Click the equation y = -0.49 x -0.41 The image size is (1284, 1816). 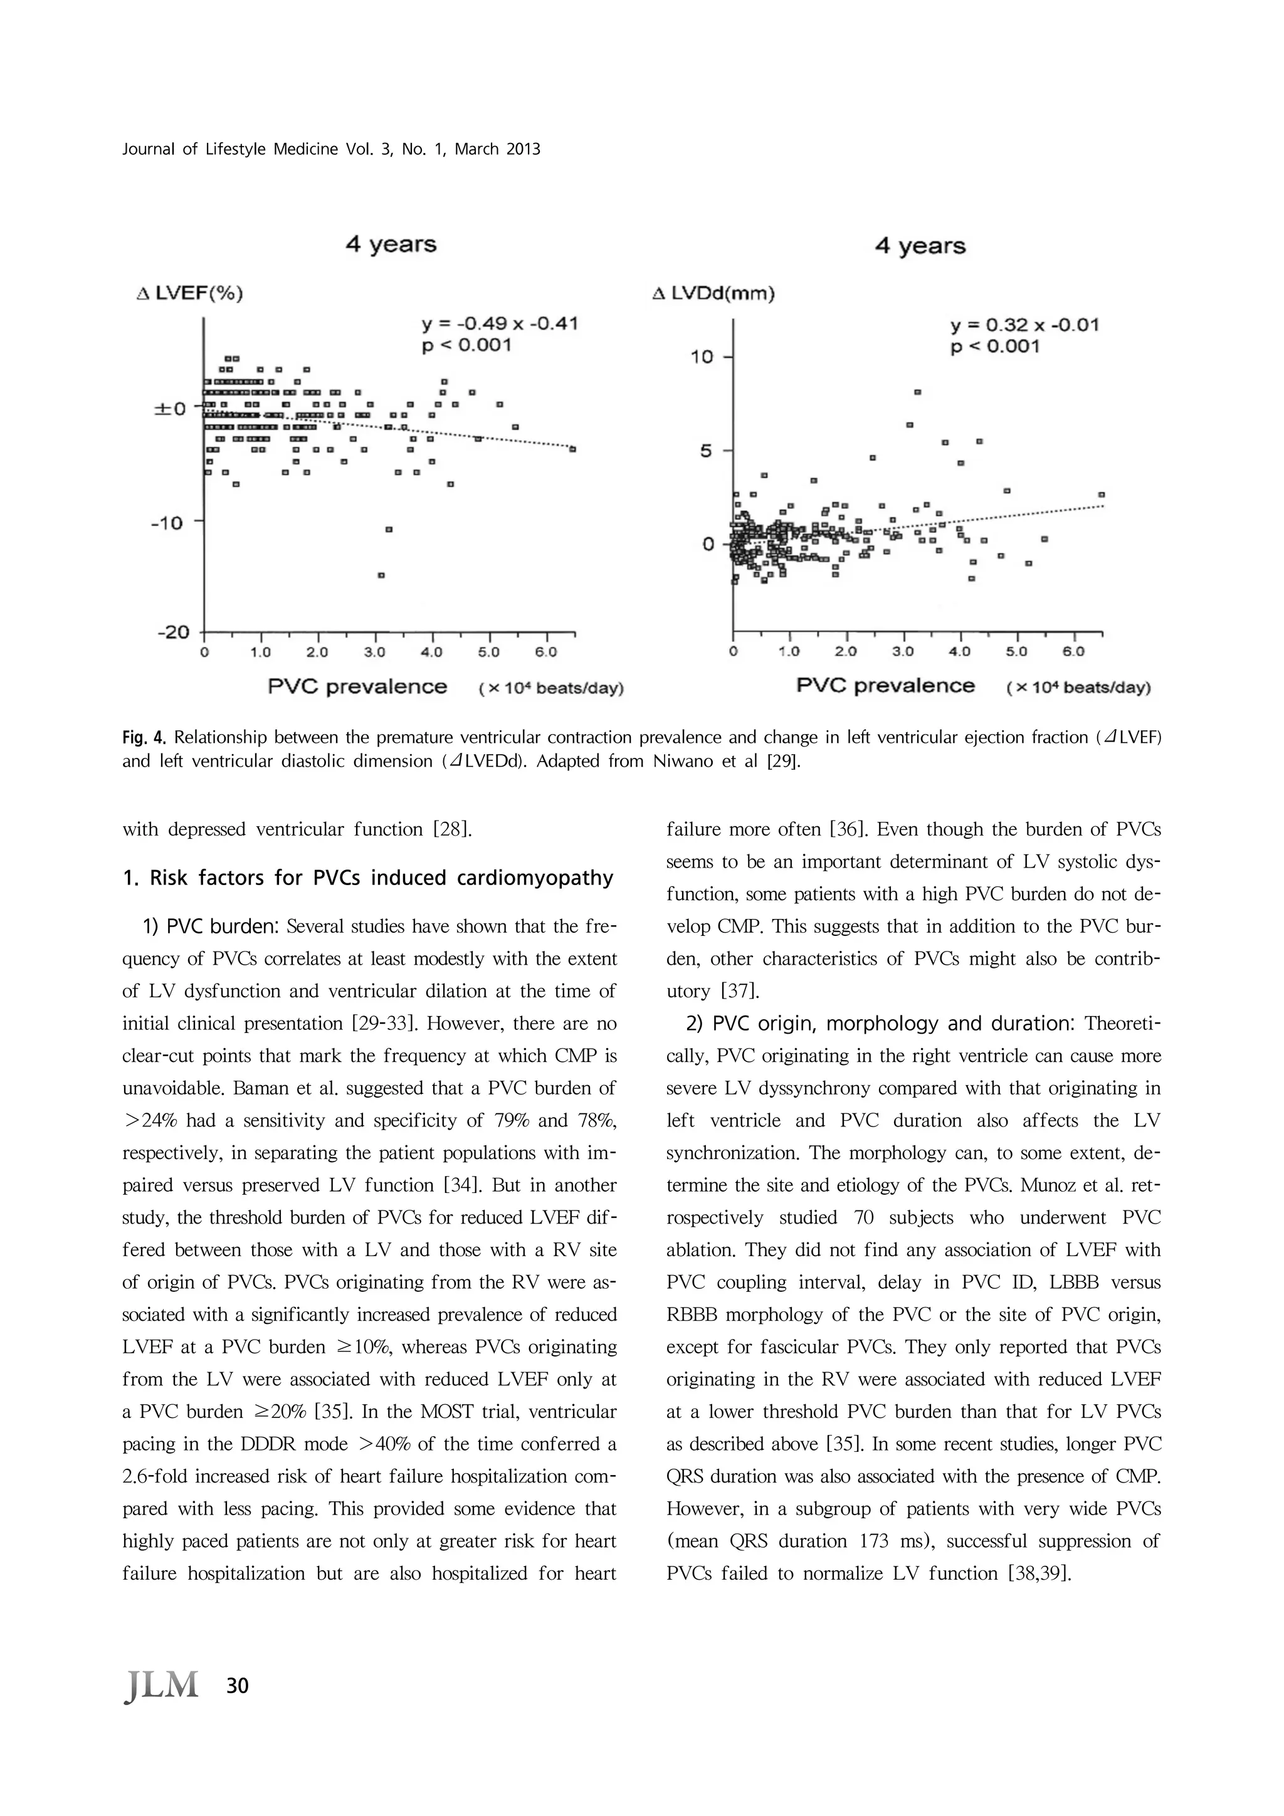pyautogui.click(x=499, y=323)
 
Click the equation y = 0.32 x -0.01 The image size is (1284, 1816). pyautogui.click(x=1024, y=325)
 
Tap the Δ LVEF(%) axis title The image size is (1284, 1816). pyautogui.click(x=190, y=294)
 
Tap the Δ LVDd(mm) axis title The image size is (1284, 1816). pyautogui.click(x=713, y=294)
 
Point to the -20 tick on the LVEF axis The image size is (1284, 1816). pyautogui.click(x=176, y=632)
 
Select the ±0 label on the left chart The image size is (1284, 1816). pyautogui.click(x=170, y=409)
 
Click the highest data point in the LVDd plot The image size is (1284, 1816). pyautogui.click(x=918, y=392)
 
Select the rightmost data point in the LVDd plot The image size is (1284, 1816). pyautogui.click(x=1102, y=495)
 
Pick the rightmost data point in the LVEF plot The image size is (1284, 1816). pyautogui.click(x=573, y=449)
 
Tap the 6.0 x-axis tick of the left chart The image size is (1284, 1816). pyautogui.click(x=546, y=653)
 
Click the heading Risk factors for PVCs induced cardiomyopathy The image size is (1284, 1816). pyautogui.click(x=368, y=878)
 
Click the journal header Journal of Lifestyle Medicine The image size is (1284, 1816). pyautogui.click(x=330, y=149)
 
